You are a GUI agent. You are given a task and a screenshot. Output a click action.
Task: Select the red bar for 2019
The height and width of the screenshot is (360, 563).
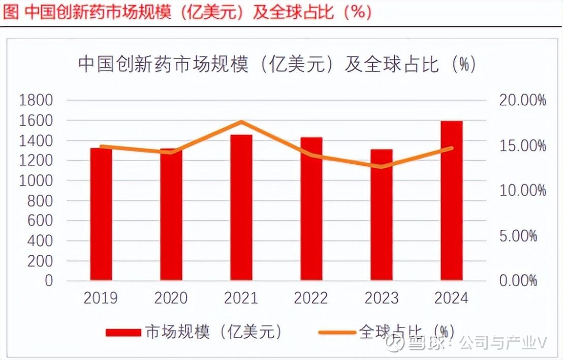coord(101,214)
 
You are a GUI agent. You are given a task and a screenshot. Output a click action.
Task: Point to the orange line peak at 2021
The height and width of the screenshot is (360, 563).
coord(241,122)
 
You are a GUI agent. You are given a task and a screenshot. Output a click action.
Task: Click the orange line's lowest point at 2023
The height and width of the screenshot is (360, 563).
coord(381,167)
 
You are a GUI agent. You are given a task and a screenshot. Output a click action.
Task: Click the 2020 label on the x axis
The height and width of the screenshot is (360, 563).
coord(171,297)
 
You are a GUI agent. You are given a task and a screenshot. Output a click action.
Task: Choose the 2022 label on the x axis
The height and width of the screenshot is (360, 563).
coord(311,297)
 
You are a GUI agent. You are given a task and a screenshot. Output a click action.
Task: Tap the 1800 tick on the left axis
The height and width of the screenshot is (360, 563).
coord(36,100)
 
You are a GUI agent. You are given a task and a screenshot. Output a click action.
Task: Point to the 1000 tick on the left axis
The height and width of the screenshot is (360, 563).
coord(36,181)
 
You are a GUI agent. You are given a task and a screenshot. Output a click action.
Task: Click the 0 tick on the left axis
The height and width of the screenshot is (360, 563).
coord(49,281)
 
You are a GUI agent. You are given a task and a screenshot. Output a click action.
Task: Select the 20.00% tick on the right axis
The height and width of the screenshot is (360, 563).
coord(522,100)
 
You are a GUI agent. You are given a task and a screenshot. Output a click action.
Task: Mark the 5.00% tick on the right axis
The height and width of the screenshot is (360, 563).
coord(518,236)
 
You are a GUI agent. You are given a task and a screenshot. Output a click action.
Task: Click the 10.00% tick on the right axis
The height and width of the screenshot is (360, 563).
coord(522,191)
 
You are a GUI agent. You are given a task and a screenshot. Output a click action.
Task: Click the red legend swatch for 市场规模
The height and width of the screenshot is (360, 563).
coord(123,332)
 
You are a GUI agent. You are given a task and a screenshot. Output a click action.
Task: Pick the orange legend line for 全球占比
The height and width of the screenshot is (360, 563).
coord(336,332)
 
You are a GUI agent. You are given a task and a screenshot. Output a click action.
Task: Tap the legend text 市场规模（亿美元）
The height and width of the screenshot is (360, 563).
coord(213,332)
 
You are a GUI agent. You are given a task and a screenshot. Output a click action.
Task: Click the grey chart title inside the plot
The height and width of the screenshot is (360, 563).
coord(277,65)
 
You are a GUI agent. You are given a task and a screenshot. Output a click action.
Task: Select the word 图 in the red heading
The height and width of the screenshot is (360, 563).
coord(10,12)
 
